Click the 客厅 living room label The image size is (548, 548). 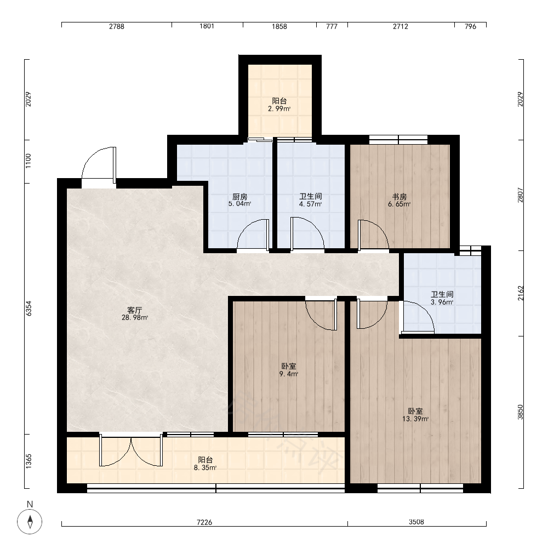[x=135, y=310]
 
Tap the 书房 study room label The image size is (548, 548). [x=399, y=197]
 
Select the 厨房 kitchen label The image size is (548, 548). [x=240, y=197]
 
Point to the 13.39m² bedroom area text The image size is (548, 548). [x=415, y=419]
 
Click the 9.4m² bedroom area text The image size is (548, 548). [x=288, y=374]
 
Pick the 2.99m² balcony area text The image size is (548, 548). [x=279, y=109]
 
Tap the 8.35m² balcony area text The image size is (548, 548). [x=205, y=467]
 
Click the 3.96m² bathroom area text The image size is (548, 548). [x=442, y=302]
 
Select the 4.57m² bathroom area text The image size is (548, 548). [x=310, y=204]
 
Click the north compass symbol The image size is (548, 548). [x=30, y=522]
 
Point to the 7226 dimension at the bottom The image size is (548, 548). [x=204, y=522]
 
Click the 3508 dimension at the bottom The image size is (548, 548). [x=416, y=522]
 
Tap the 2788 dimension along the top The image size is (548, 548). [x=116, y=26]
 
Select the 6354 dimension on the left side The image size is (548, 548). [x=28, y=309]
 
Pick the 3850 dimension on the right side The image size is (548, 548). [x=521, y=412]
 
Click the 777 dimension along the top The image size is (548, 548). [x=332, y=26]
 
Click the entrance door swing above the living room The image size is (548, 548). [x=99, y=164]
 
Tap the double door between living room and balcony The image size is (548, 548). [x=131, y=450]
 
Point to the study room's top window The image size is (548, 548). [x=398, y=140]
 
